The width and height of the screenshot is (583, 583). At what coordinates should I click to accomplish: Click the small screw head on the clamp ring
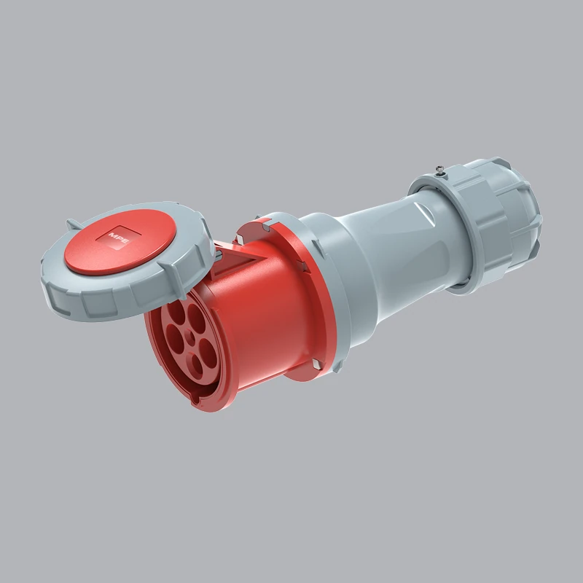pos(440,172)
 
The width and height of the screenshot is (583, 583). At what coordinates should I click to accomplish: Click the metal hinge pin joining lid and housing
pos(216,255)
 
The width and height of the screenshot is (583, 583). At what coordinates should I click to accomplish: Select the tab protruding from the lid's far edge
pos(73,223)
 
